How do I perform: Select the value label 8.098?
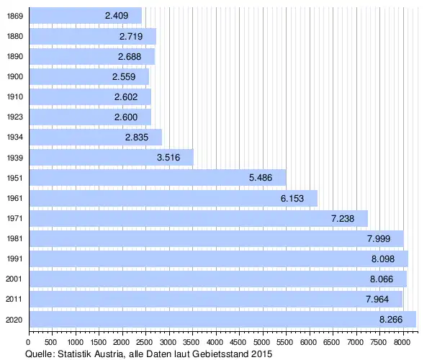point(382,258)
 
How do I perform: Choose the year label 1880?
point(14,36)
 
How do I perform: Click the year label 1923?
point(14,117)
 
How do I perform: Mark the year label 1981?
point(14,238)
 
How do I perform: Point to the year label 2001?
point(14,279)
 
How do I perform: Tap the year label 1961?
point(14,198)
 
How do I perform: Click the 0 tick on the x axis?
point(28,343)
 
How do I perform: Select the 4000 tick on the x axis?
point(216,343)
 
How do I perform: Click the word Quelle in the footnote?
point(40,354)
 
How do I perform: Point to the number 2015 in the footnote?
point(261,354)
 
